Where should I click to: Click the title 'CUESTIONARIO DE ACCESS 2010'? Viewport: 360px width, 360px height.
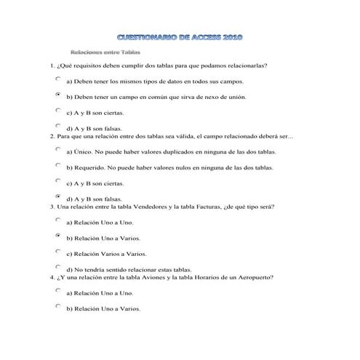[x=179, y=36]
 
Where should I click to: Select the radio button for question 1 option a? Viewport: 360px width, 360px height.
[x=58, y=78]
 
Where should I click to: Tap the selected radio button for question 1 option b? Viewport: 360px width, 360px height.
[x=58, y=95]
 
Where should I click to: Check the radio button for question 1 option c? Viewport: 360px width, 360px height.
[x=58, y=111]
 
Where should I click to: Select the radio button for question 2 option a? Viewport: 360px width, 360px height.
[x=58, y=148]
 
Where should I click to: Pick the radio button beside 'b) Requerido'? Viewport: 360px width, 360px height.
[x=58, y=164]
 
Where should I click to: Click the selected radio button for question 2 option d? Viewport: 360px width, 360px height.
[x=58, y=196]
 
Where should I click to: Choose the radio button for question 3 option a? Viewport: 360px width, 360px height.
[x=58, y=219]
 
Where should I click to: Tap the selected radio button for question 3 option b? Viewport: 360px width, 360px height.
[x=58, y=235]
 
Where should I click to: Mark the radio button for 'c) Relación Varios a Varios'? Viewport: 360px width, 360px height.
[x=58, y=251]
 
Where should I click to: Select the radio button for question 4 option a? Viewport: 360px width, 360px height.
[x=58, y=289]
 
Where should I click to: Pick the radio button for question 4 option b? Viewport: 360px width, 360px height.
[x=58, y=305]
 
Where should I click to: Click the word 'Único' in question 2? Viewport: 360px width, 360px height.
[x=81, y=153]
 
